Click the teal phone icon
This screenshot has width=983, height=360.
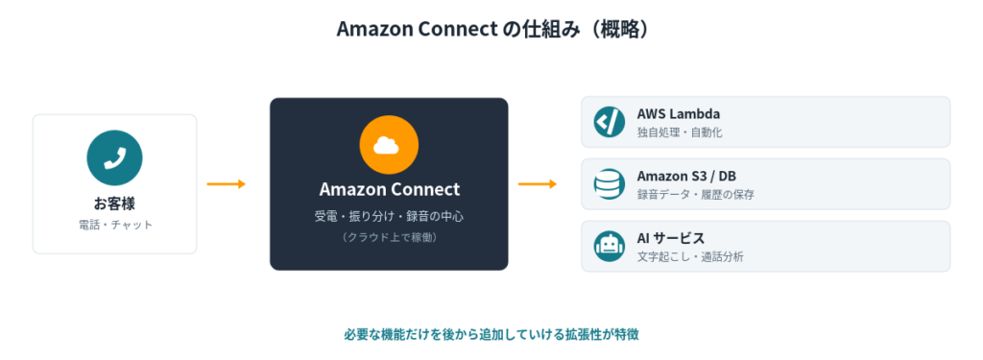pos(115,158)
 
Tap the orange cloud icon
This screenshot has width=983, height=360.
pos(389,146)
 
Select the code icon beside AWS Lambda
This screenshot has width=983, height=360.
pos(609,122)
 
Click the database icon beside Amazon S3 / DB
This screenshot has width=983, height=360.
pos(609,183)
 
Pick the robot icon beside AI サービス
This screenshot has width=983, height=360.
pos(609,246)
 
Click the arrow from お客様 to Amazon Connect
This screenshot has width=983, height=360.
pos(227,183)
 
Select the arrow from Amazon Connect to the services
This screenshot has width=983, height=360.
pos(538,183)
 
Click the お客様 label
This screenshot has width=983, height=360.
pos(115,204)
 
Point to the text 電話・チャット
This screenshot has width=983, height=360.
pos(115,225)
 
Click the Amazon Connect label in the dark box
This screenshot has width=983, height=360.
pos(390,189)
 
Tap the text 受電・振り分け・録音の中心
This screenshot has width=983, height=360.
pos(390,216)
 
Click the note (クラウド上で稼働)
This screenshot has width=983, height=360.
pos(390,237)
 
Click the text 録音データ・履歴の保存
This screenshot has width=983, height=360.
pos(695,195)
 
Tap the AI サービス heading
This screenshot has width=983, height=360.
pos(671,238)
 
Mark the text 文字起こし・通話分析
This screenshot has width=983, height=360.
pos(690,256)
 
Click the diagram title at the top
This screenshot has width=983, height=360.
pos(492,29)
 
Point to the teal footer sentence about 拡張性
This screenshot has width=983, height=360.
pos(491,334)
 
